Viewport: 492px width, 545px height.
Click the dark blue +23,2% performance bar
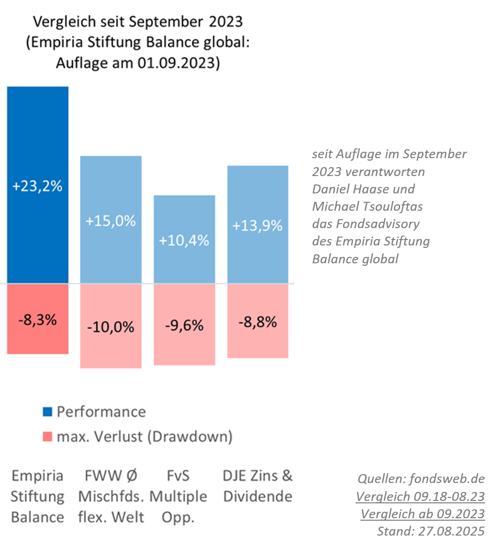[38, 149]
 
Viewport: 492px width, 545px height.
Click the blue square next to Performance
[48, 412]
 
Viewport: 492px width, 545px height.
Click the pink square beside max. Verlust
[48, 437]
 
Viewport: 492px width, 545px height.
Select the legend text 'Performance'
[101, 412]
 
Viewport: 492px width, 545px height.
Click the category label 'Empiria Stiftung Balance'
[38, 496]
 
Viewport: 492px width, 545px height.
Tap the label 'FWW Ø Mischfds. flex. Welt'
[111, 496]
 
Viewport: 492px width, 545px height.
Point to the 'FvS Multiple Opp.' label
[178, 496]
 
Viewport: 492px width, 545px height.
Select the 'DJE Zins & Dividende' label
[258, 486]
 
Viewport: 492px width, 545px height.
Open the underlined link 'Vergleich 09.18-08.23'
[420, 496]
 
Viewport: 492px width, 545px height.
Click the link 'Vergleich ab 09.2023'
[422, 514]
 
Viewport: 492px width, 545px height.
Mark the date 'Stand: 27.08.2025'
[430, 531]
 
